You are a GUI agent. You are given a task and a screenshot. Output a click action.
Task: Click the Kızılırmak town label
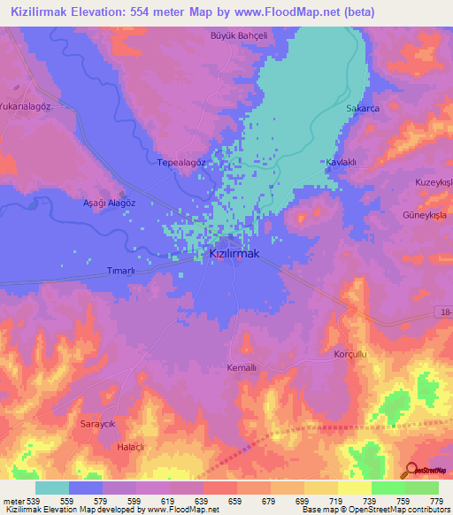[234, 253]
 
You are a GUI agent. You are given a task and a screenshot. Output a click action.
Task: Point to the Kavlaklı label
[341, 163]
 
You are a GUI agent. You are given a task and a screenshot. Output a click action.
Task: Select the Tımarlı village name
[120, 270]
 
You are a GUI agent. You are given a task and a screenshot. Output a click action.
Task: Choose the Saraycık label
[99, 425]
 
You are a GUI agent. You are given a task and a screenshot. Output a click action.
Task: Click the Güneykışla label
[427, 215]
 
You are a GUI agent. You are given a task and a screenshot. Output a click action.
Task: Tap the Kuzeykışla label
[434, 181]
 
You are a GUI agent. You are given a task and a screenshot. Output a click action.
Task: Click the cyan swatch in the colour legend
[52, 488]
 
